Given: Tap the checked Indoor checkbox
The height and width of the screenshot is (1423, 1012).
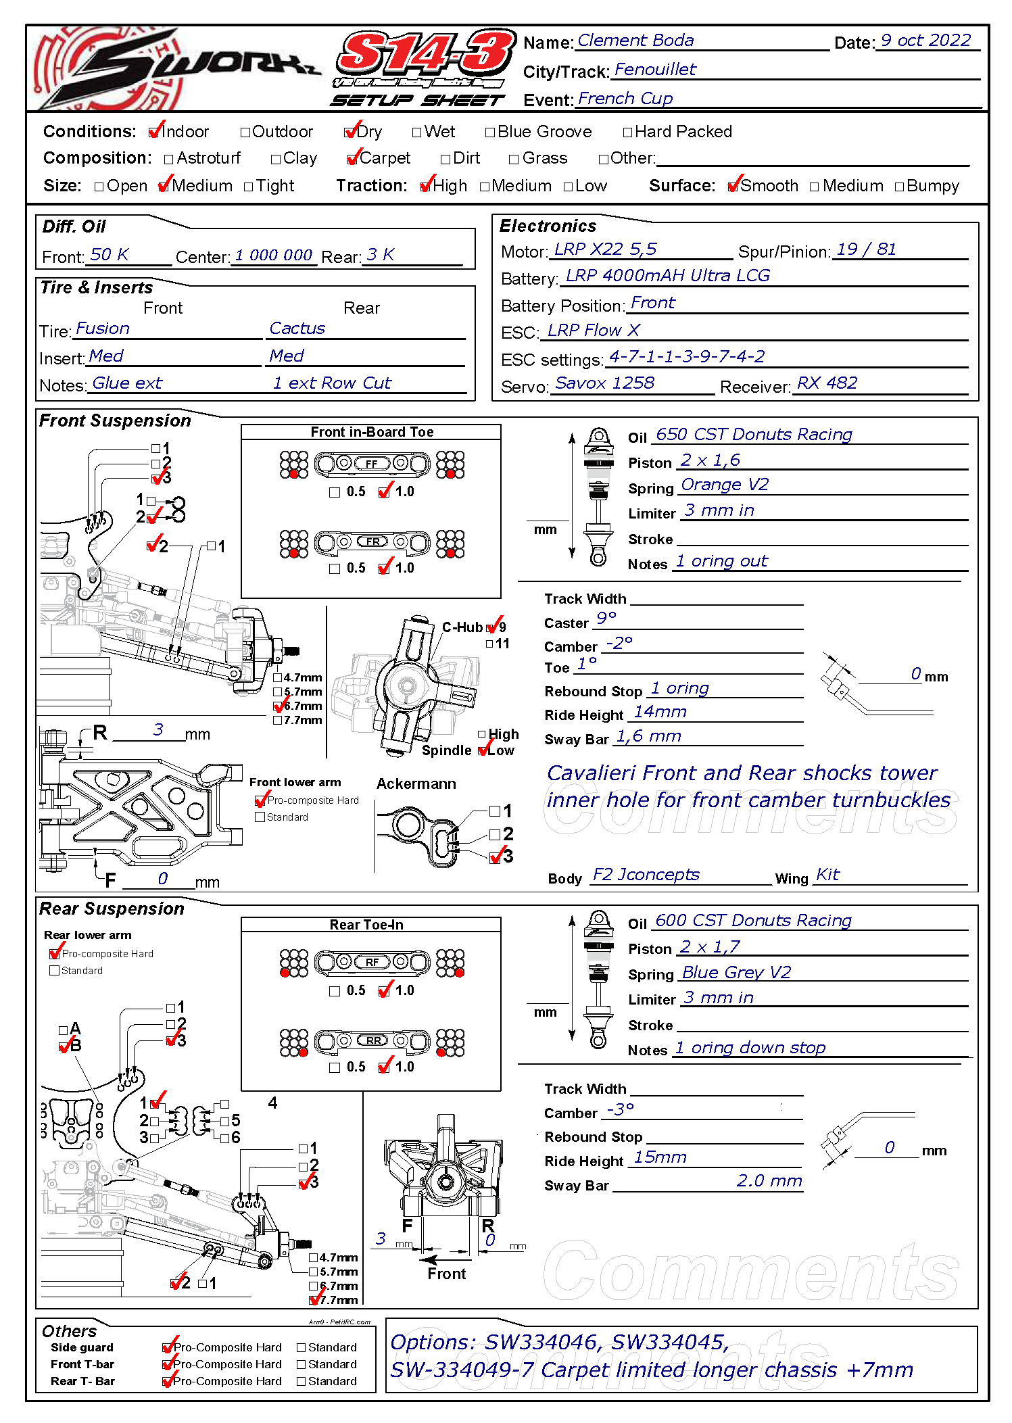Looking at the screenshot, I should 155,132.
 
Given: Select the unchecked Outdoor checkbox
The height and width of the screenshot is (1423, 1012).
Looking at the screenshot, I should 245,132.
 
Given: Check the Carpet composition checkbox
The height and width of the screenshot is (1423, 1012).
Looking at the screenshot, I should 352,159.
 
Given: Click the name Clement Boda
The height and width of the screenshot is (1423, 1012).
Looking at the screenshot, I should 635,41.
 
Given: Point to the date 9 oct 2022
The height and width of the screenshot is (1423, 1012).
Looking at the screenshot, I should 925,41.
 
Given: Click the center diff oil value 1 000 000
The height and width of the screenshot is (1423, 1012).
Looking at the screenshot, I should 273,256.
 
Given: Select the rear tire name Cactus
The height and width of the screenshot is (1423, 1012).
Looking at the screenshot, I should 297,329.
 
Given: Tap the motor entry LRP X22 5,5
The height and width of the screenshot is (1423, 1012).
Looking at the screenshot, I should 605,249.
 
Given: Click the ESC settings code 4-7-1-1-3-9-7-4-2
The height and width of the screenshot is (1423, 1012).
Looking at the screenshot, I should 687,356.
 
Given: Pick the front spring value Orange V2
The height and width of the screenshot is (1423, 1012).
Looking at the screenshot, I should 725,485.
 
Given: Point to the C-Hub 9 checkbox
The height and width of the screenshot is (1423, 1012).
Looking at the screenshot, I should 491,627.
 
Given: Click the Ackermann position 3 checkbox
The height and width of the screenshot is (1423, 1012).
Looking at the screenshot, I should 496,857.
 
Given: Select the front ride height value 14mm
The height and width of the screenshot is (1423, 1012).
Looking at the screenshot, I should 660,712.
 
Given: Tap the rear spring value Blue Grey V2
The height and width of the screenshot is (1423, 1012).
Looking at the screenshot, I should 736,972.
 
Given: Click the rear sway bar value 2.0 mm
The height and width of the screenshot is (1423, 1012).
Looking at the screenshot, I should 769,1180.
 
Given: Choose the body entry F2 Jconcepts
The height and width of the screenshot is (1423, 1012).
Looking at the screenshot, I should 646,875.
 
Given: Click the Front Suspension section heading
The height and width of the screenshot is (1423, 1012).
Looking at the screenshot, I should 115,420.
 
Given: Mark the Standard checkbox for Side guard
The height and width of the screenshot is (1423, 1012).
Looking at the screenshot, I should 302,1347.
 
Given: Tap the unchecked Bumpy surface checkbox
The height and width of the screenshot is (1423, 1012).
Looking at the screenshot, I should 899,187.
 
